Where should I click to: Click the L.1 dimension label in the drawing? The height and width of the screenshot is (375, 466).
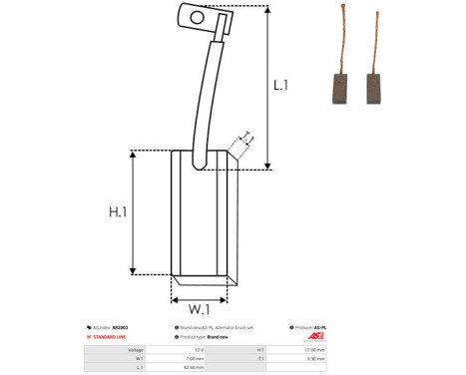280,87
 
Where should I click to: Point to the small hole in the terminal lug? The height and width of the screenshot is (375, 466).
198,17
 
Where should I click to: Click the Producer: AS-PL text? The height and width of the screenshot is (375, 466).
317,327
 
